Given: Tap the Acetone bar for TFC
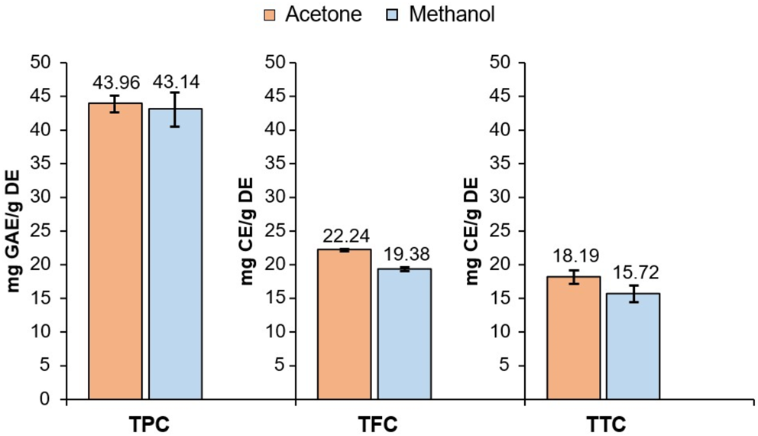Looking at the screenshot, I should click(x=345, y=324).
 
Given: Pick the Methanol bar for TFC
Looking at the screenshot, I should click(x=404, y=334).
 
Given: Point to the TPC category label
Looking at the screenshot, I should click(x=145, y=422).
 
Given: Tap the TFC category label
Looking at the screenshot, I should click(x=374, y=422).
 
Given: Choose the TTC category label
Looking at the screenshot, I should click(x=603, y=422).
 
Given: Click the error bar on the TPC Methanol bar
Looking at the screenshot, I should click(x=175, y=109).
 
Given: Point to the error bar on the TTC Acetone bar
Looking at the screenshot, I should click(x=573, y=277).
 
